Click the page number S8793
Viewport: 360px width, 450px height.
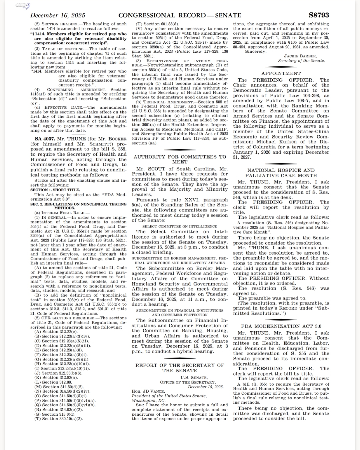319,15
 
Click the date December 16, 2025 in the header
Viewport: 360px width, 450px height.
58,15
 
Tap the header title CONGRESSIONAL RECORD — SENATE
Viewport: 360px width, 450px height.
180,15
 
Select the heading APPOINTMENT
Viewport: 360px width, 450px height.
281,73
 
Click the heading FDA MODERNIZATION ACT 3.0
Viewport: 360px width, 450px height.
281,326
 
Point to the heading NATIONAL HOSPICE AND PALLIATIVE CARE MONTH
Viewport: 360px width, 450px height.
281,173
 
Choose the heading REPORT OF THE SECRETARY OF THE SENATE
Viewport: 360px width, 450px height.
180,368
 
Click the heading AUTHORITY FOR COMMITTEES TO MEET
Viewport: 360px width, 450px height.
180,159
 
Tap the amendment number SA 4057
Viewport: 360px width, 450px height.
45,139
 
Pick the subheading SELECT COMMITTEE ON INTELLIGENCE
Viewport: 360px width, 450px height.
180,227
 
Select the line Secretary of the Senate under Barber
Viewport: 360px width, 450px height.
301,61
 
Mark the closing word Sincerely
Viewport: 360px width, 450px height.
255,51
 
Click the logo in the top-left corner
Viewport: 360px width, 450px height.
22,5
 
